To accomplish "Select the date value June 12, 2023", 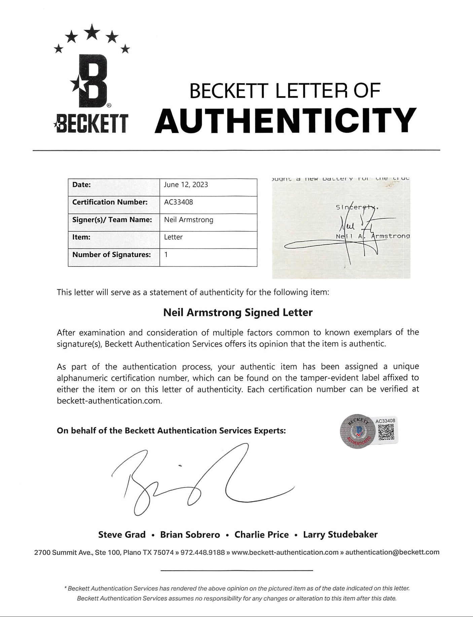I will [x=186, y=185].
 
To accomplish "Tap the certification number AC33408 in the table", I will [x=178, y=202].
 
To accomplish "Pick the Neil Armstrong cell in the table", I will [x=188, y=220].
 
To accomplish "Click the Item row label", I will [x=81, y=237].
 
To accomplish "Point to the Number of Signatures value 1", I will [x=166, y=255].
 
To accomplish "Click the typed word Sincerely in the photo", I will [x=357, y=208].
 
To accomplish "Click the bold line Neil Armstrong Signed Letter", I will [x=238, y=313].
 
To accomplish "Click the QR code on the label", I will [x=386, y=432].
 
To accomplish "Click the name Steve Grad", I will [x=122, y=535].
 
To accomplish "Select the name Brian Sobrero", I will [x=190, y=535].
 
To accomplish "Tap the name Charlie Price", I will [x=261, y=535].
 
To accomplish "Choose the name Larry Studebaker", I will [x=340, y=535].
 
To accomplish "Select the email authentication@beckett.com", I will [x=392, y=552].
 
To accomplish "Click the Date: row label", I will [x=81, y=185].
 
